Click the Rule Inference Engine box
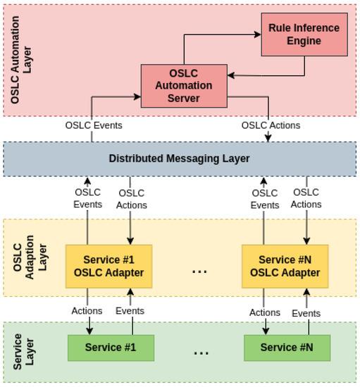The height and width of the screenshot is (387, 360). click(304, 34)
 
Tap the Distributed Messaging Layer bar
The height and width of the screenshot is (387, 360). click(179, 158)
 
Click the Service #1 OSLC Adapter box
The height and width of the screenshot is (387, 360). click(108, 266)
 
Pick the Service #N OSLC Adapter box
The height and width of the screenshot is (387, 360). click(285, 266)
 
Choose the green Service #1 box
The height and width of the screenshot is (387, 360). click(111, 348)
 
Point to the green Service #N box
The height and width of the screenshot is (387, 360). click(287, 348)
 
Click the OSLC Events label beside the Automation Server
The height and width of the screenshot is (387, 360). click(94, 125)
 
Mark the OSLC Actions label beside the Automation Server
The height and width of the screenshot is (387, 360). click(271, 125)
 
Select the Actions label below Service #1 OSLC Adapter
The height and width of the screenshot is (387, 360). click(87, 311)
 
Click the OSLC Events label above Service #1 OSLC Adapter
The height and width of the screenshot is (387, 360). click(88, 198)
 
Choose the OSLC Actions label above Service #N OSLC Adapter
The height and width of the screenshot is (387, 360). click(306, 198)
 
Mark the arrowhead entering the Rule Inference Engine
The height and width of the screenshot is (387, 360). click(258, 33)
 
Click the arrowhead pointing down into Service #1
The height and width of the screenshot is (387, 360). click(89, 331)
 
